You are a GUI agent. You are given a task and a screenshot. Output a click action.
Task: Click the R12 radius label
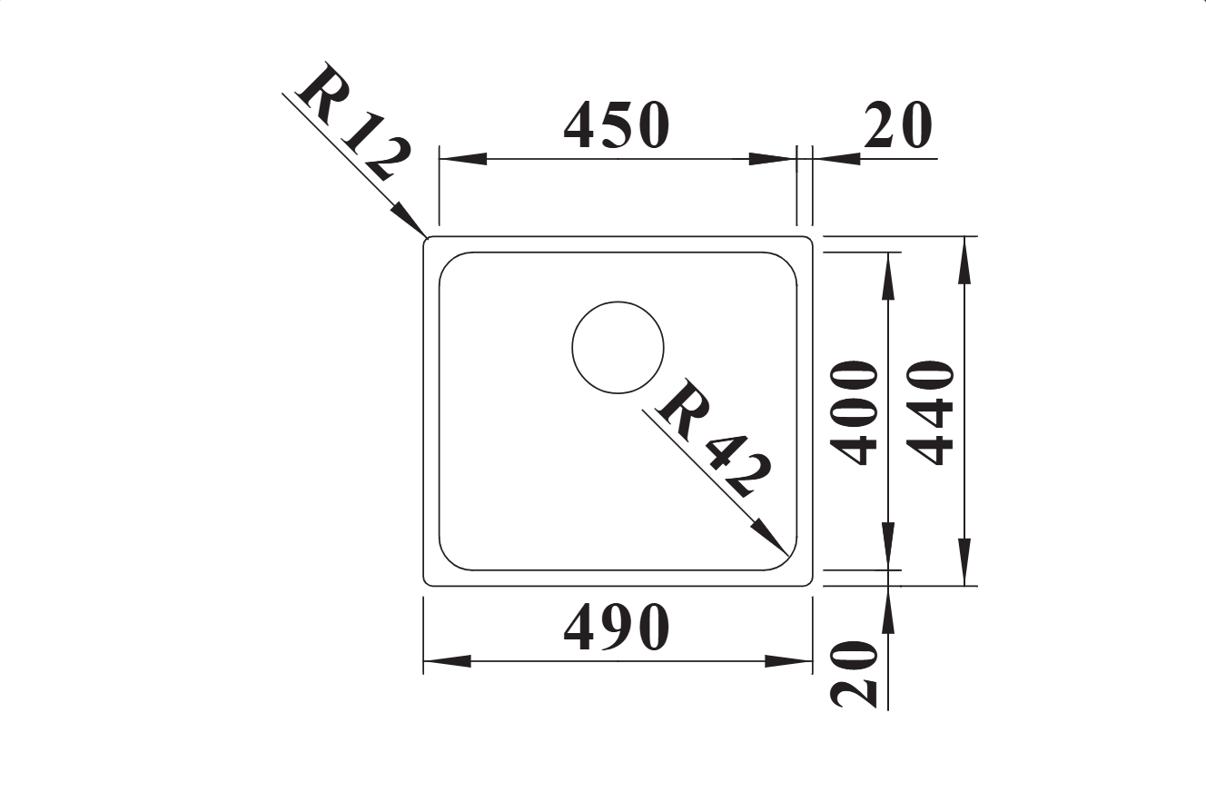tap(353, 123)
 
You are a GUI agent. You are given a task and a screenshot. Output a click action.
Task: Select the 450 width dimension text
tap(617, 125)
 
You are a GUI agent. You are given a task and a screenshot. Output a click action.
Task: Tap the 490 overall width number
tap(617, 628)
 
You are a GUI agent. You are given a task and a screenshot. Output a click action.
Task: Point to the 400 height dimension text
tap(854, 412)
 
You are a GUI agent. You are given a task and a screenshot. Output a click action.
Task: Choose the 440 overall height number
tap(930, 412)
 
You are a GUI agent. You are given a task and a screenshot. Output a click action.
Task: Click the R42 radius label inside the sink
tap(714, 438)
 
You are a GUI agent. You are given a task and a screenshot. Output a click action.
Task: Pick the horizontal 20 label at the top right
tap(897, 125)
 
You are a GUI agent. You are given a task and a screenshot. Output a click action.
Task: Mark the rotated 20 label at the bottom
tap(854, 674)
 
